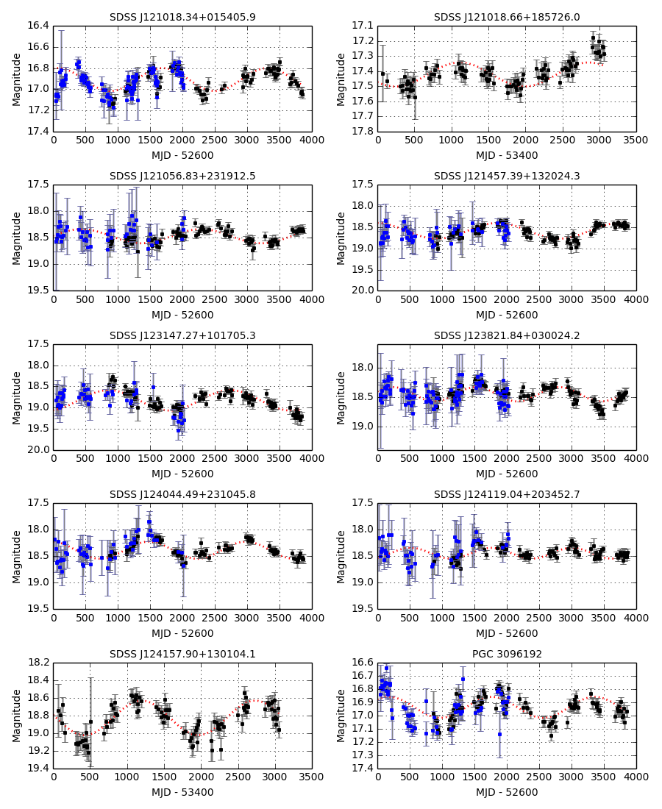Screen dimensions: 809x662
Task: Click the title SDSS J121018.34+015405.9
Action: (182, 17)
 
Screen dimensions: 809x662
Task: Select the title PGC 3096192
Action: (507, 654)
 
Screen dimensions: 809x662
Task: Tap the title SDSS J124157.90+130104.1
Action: (182, 654)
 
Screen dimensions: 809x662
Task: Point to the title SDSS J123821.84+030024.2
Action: (507, 335)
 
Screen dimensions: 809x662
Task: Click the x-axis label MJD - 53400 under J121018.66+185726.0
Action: (507, 156)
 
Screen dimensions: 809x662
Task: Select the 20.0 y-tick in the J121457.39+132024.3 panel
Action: (363, 291)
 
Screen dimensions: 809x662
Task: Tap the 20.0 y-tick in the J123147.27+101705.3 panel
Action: (38, 450)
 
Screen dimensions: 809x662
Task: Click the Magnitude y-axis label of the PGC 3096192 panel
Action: (341, 716)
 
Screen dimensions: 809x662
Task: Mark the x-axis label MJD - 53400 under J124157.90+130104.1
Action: (182, 793)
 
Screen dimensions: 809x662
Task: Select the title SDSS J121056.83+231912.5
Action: (182, 177)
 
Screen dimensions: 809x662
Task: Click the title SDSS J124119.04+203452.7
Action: (507, 494)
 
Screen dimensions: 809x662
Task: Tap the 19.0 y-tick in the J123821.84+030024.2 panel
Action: (363, 427)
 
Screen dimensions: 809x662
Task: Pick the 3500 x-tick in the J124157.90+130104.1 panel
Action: (312, 777)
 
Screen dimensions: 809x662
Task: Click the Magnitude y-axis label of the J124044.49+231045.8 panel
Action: (17, 556)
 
